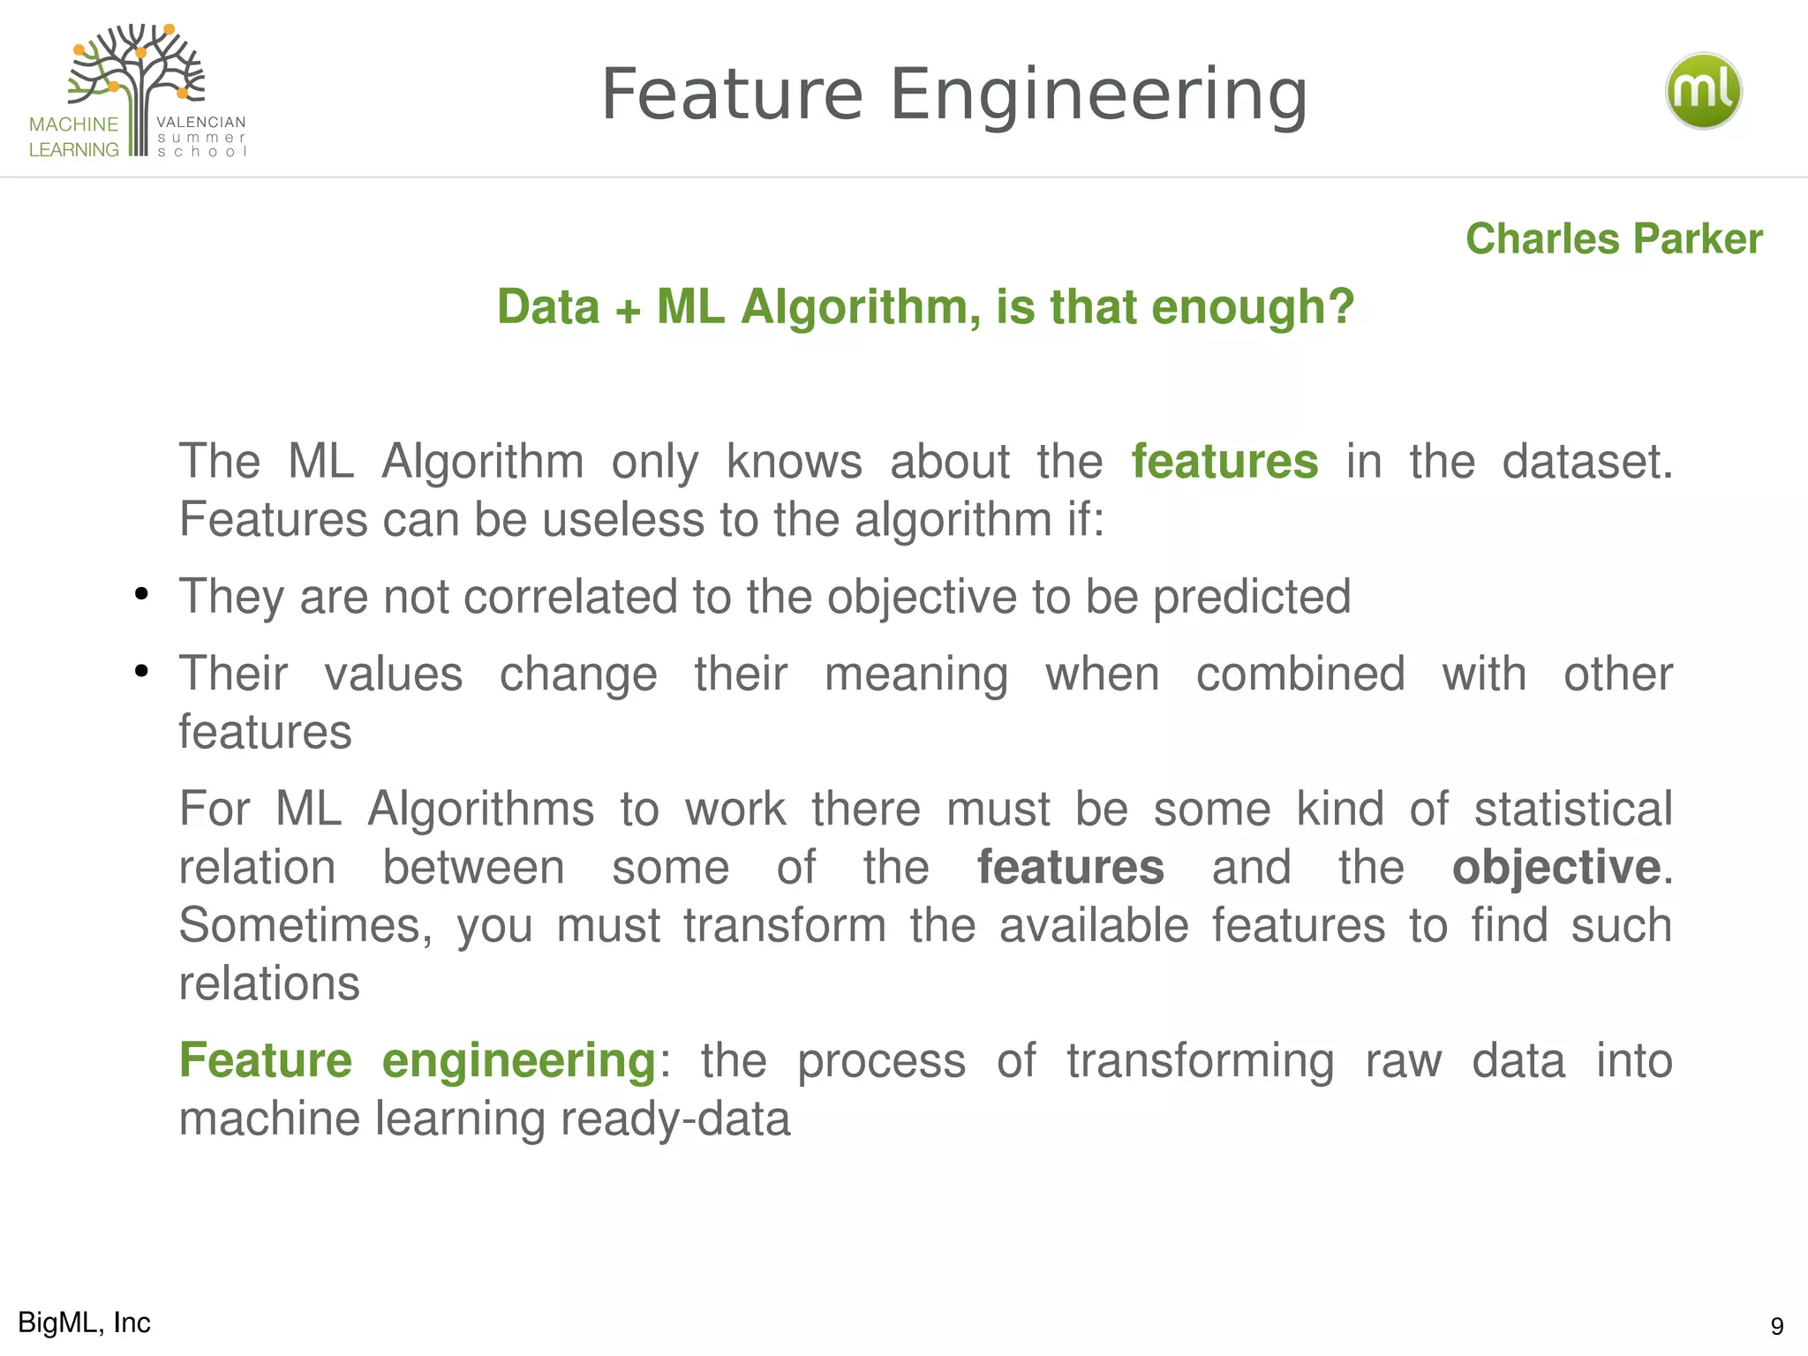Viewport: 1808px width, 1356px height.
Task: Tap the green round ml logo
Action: pyautogui.click(x=1703, y=91)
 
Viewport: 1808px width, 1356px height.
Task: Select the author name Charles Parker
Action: pyautogui.click(x=1614, y=238)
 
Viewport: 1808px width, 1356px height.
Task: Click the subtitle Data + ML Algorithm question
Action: pyautogui.click(x=925, y=306)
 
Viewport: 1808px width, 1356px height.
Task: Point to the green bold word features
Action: pyautogui.click(x=1224, y=461)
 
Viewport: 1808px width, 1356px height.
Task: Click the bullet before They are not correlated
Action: pyautogui.click(x=141, y=595)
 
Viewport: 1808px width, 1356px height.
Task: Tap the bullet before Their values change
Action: pyautogui.click(x=141, y=672)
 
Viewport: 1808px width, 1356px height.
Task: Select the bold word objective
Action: pyautogui.click(x=1556, y=867)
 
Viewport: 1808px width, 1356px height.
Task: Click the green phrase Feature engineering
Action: pyautogui.click(x=417, y=1059)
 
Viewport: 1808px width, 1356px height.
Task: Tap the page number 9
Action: pyautogui.click(x=1776, y=1325)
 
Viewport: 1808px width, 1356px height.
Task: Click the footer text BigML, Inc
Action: pyautogui.click(x=84, y=1322)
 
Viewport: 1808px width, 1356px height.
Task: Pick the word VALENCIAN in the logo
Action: pyautogui.click(x=200, y=122)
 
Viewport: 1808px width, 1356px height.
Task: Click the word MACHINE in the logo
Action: pyautogui.click(x=73, y=124)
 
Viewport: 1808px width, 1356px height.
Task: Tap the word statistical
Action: pyautogui.click(x=1573, y=809)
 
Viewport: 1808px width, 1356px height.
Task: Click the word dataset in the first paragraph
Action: pyautogui.click(x=1586, y=461)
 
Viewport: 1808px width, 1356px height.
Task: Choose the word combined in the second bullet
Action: pyautogui.click(x=1299, y=674)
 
